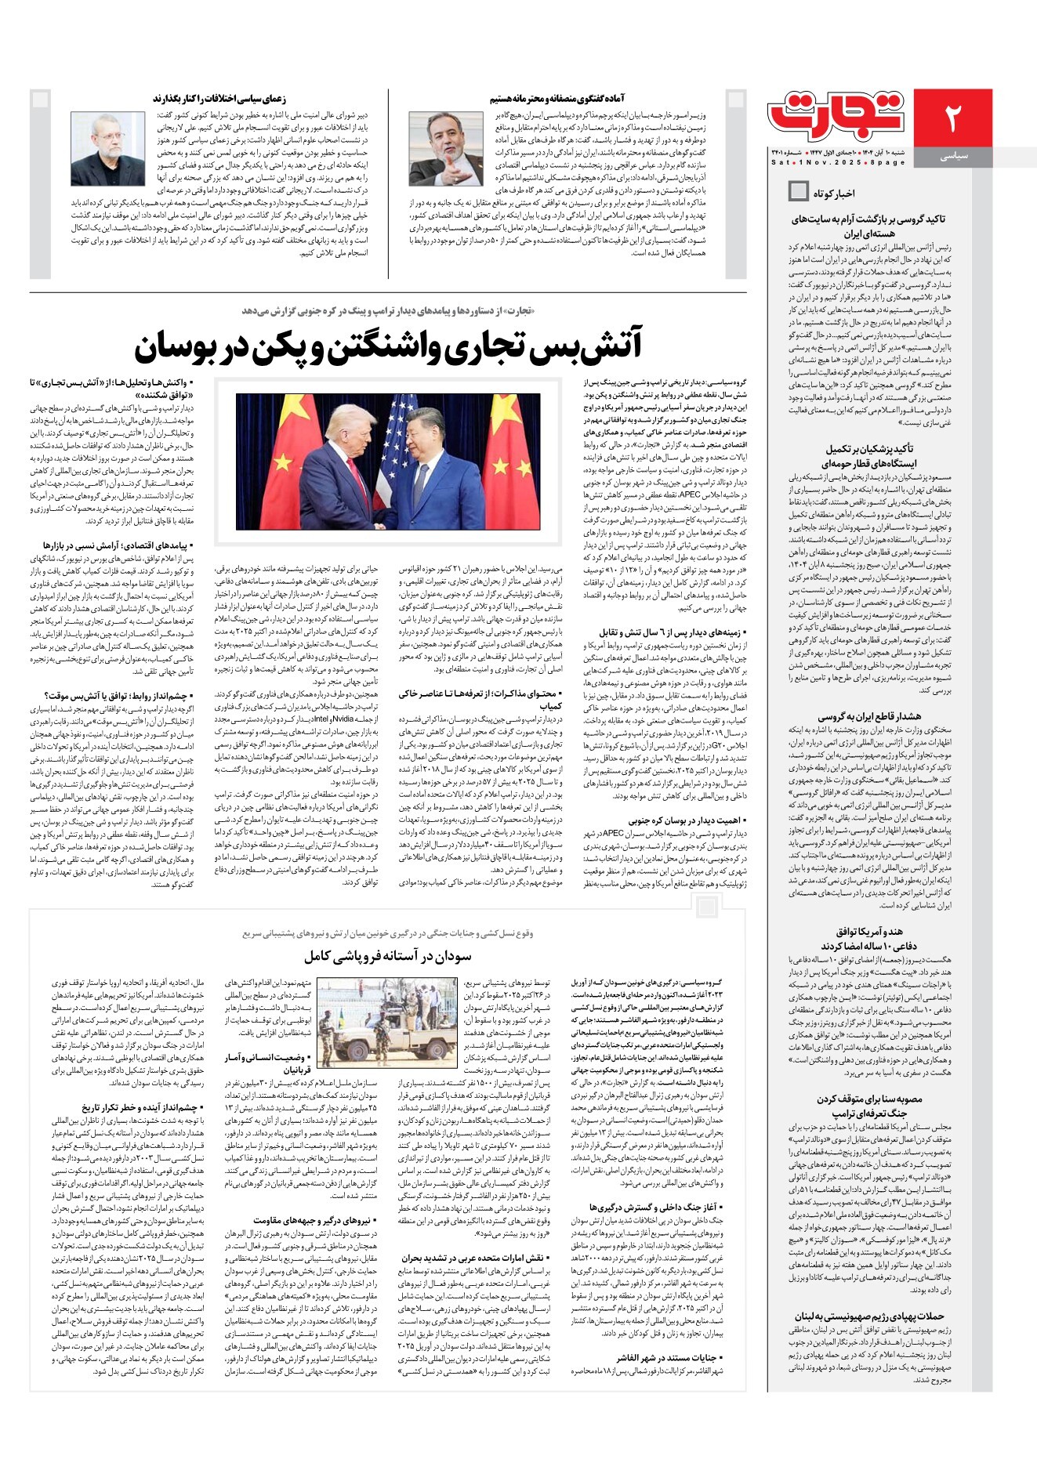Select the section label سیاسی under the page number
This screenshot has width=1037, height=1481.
click(953, 156)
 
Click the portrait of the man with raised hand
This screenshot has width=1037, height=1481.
click(446, 148)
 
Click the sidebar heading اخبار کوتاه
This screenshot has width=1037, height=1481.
click(834, 193)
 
